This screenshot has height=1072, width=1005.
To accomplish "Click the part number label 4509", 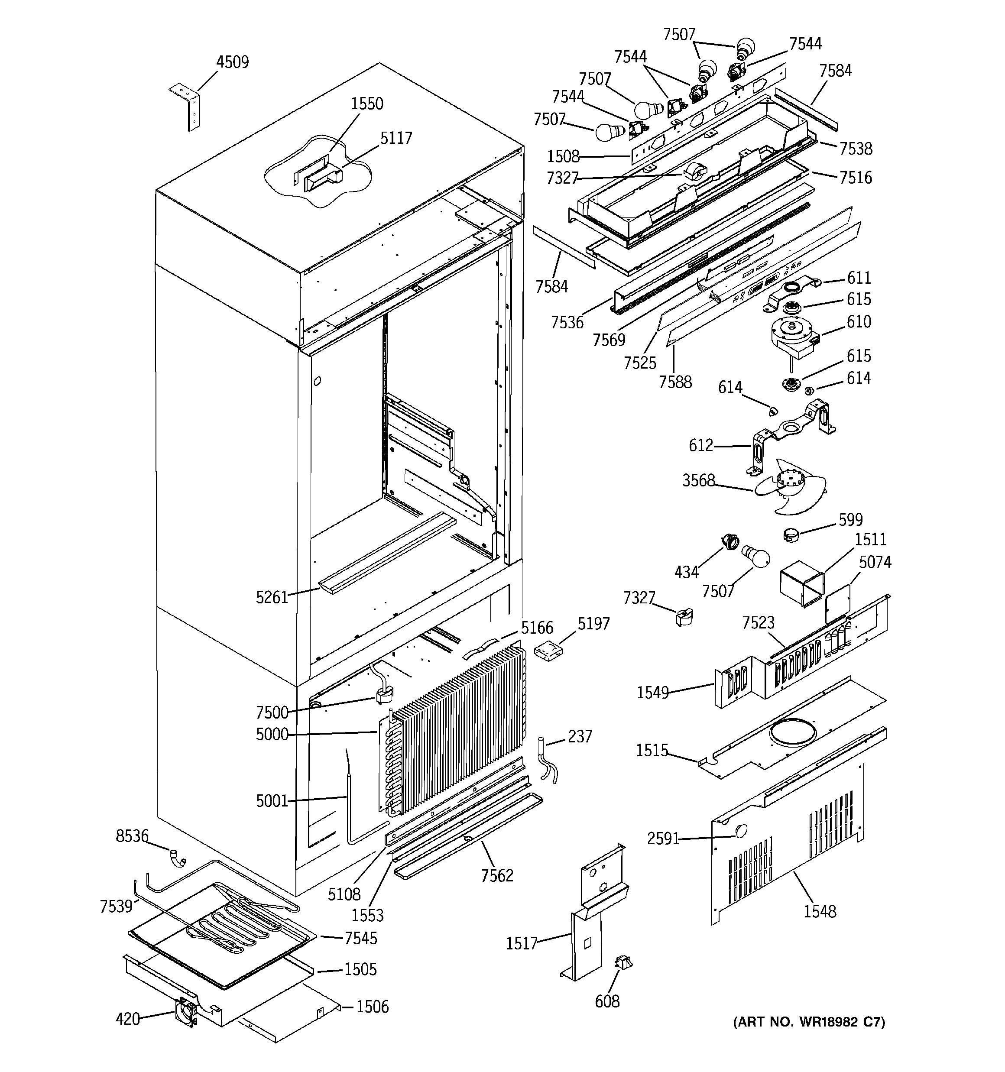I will pyautogui.click(x=233, y=62).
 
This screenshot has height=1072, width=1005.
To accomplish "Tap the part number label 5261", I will pyautogui.click(x=272, y=597).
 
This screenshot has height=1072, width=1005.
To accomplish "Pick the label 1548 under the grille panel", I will pyautogui.click(x=820, y=911).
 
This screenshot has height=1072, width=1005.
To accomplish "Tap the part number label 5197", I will pyautogui.click(x=593, y=624).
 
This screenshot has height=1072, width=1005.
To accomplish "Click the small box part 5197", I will pyautogui.click(x=548, y=651).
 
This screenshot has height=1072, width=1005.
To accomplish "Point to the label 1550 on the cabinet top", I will pyautogui.click(x=367, y=104).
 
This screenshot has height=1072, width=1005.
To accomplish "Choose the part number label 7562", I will pyautogui.click(x=497, y=876).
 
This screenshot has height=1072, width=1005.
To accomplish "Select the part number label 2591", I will pyautogui.click(x=663, y=839).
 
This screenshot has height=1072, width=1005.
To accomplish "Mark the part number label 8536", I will pyautogui.click(x=132, y=836).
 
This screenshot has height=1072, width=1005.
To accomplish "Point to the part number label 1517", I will pyautogui.click(x=521, y=944).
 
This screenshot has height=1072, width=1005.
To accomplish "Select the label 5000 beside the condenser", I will pyautogui.click(x=272, y=735).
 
